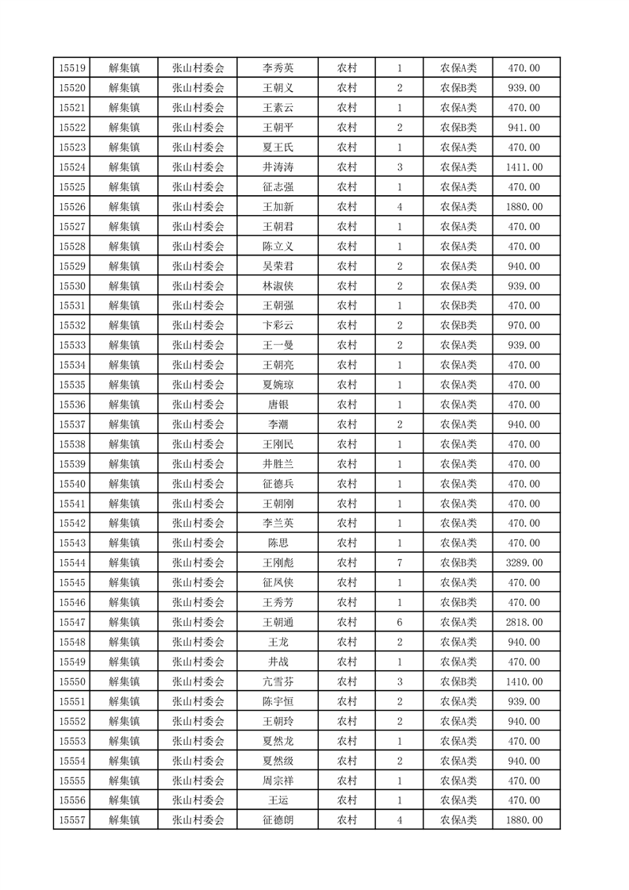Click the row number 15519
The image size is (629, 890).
pos(72,68)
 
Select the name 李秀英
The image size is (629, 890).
pos(278,68)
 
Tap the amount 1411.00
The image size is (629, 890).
pos(524,167)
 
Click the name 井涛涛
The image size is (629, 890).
pos(278,167)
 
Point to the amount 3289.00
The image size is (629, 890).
pos(524,563)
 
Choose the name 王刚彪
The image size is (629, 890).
pos(278,563)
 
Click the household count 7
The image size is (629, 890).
pos(399,563)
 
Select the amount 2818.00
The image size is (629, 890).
pos(524,623)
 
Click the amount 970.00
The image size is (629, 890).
pos(524,325)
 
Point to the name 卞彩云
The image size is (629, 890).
pos(278,325)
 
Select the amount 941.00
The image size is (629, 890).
pos(524,128)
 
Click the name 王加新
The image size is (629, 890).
pos(278,207)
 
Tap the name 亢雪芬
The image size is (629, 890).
pos(278,682)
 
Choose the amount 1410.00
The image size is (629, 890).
pos(524,682)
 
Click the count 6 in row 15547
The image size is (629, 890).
pos(399,623)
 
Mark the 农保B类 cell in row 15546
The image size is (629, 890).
pos(458,603)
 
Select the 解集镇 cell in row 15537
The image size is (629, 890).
pos(124,424)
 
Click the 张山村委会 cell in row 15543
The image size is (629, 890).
pos(198,543)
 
